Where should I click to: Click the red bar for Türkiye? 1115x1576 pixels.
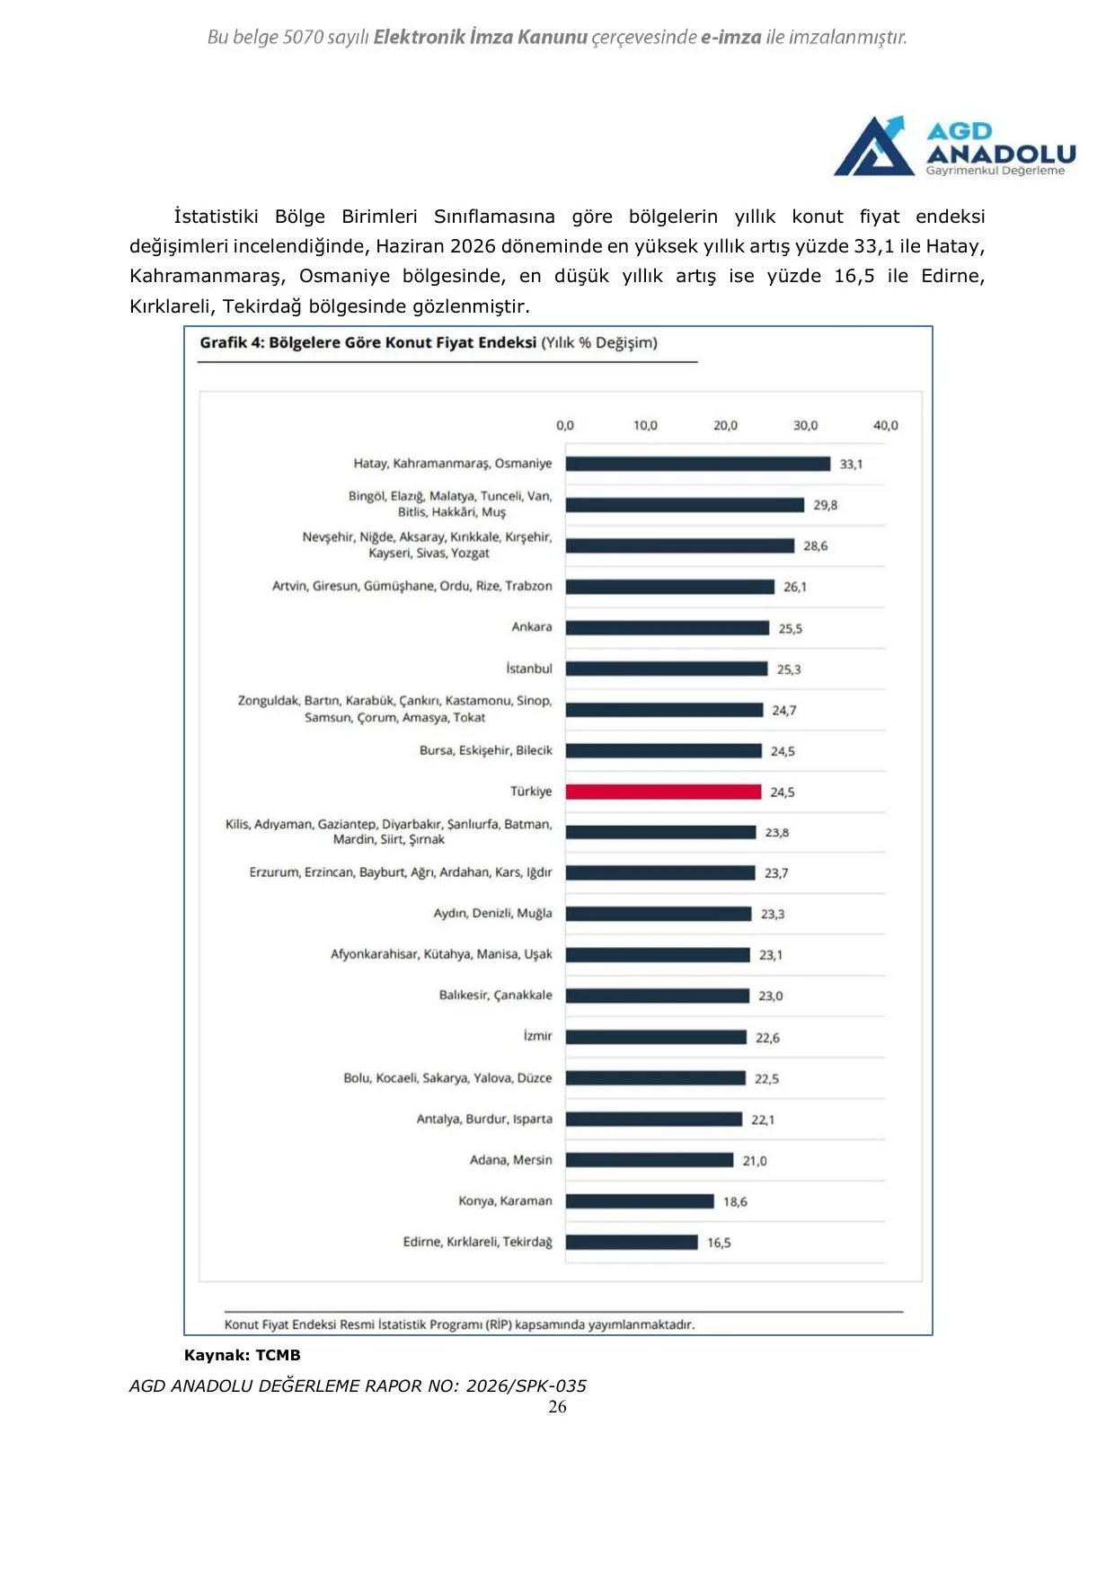pyautogui.click(x=663, y=792)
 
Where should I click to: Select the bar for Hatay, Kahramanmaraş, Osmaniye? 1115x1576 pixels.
pyautogui.click(x=698, y=464)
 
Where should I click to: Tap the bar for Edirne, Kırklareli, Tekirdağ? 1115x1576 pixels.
pyautogui.click(x=632, y=1243)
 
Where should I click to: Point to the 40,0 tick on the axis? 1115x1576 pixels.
pyautogui.click(x=886, y=426)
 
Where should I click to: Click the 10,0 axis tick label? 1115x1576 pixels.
pyautogui.click(x=645, y=426)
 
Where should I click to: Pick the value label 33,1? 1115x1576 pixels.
pyautogui.click(x=851, y=465)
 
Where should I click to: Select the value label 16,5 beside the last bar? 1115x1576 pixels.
pyautogui.click(x=719, y=1244)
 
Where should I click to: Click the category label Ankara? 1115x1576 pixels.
pyautogui.click(x=532, y=627)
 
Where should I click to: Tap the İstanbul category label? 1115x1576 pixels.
pyautogui.click(x=529, y=668)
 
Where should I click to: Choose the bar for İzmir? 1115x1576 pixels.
pyautogui.click(x=656, y=1037)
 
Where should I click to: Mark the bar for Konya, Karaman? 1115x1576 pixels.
pyautogui.click(x=640, y=1201)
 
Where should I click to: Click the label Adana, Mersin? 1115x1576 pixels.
pyautogui.click(x=511, y=1160)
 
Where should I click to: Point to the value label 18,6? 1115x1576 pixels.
pyautogui.click(x=735, y=1202)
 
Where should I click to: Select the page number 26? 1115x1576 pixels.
pyautogui.click(x=557, y=1407)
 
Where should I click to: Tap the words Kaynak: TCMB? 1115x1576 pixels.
pyautogui.click(x=243, y=1355)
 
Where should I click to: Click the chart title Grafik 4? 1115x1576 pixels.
pyautogui.click(x=232, y=343)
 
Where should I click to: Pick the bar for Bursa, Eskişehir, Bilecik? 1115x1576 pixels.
pyautogui.click(x=664, y=750)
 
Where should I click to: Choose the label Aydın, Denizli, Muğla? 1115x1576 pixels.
pyautogui.click(x=493, y=914)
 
